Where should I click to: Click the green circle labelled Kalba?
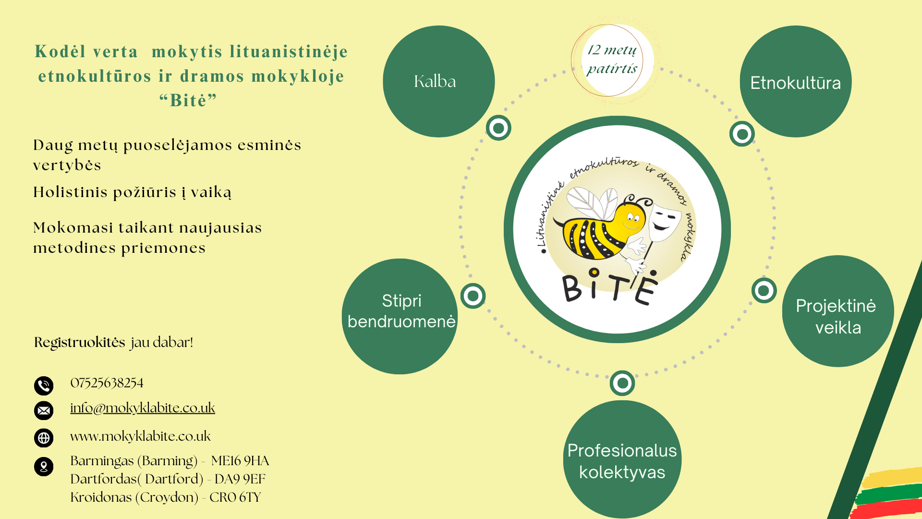[438, 81]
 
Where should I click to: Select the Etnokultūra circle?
[796, 81]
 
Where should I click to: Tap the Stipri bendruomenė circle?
[400, 316]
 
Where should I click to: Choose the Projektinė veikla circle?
[838, 311]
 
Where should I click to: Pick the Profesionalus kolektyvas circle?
[622, 459]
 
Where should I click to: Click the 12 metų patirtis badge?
[612, 60]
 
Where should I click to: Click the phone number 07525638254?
[107, 383]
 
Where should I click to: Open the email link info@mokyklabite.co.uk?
[143, 408]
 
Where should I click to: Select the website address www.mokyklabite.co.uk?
[140, 436]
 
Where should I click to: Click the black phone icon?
[44, 385]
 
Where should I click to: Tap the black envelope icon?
[44, 410]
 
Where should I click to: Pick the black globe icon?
[44, 438]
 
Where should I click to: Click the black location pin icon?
[44, 466]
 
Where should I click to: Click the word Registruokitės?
[80, 343]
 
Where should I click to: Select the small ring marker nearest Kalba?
[498, 128]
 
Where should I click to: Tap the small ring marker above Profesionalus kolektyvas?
[622, 383]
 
